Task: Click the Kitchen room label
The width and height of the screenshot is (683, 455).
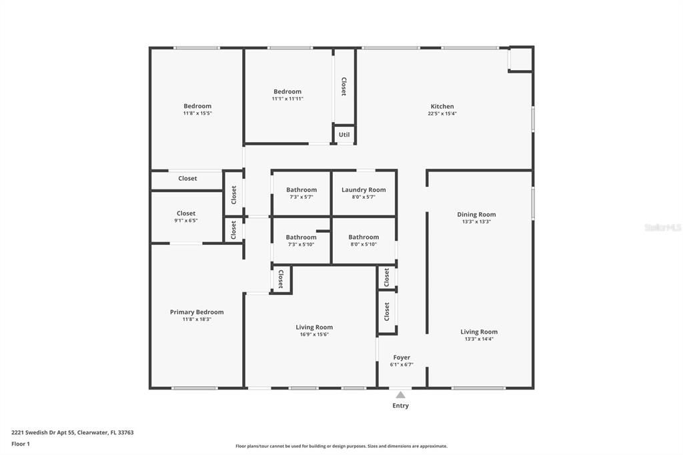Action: [x=442, y=106]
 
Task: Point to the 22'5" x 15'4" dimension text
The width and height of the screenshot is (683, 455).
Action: [x=442, y=114]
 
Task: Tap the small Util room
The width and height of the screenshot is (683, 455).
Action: [x=344, y=135]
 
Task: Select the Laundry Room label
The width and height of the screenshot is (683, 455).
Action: [x=364, y=190]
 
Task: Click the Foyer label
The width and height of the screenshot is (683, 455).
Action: [x=402, y=358]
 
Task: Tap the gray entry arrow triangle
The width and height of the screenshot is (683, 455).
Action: [x=400, y=395]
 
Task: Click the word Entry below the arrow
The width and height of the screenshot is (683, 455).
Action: [x=401, y=406]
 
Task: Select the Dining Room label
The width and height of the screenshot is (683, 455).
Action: [x=476, y=214]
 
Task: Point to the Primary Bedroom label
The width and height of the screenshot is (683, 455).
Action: [x=197, y=312]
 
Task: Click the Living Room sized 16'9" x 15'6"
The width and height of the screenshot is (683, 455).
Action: [x=314, y=327]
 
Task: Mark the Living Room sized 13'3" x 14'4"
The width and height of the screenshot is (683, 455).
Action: [x=479, y=332]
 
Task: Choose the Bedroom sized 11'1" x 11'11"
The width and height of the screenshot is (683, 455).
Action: [x=287, y=91]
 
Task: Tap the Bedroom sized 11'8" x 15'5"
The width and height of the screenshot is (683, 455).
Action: [x=197, y=106]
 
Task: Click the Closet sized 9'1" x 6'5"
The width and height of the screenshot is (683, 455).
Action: [x=186, y=213]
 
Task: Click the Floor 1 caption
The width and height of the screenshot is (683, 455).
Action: [x=21, y=444]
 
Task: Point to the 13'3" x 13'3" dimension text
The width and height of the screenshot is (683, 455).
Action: [x=476, y=222]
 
